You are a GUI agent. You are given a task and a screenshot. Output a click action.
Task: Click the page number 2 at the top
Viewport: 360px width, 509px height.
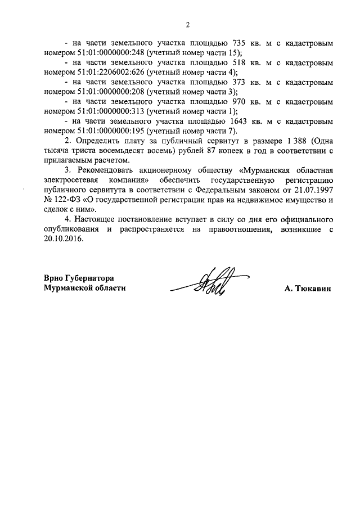pyautogui.click(x=188, y=24)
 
